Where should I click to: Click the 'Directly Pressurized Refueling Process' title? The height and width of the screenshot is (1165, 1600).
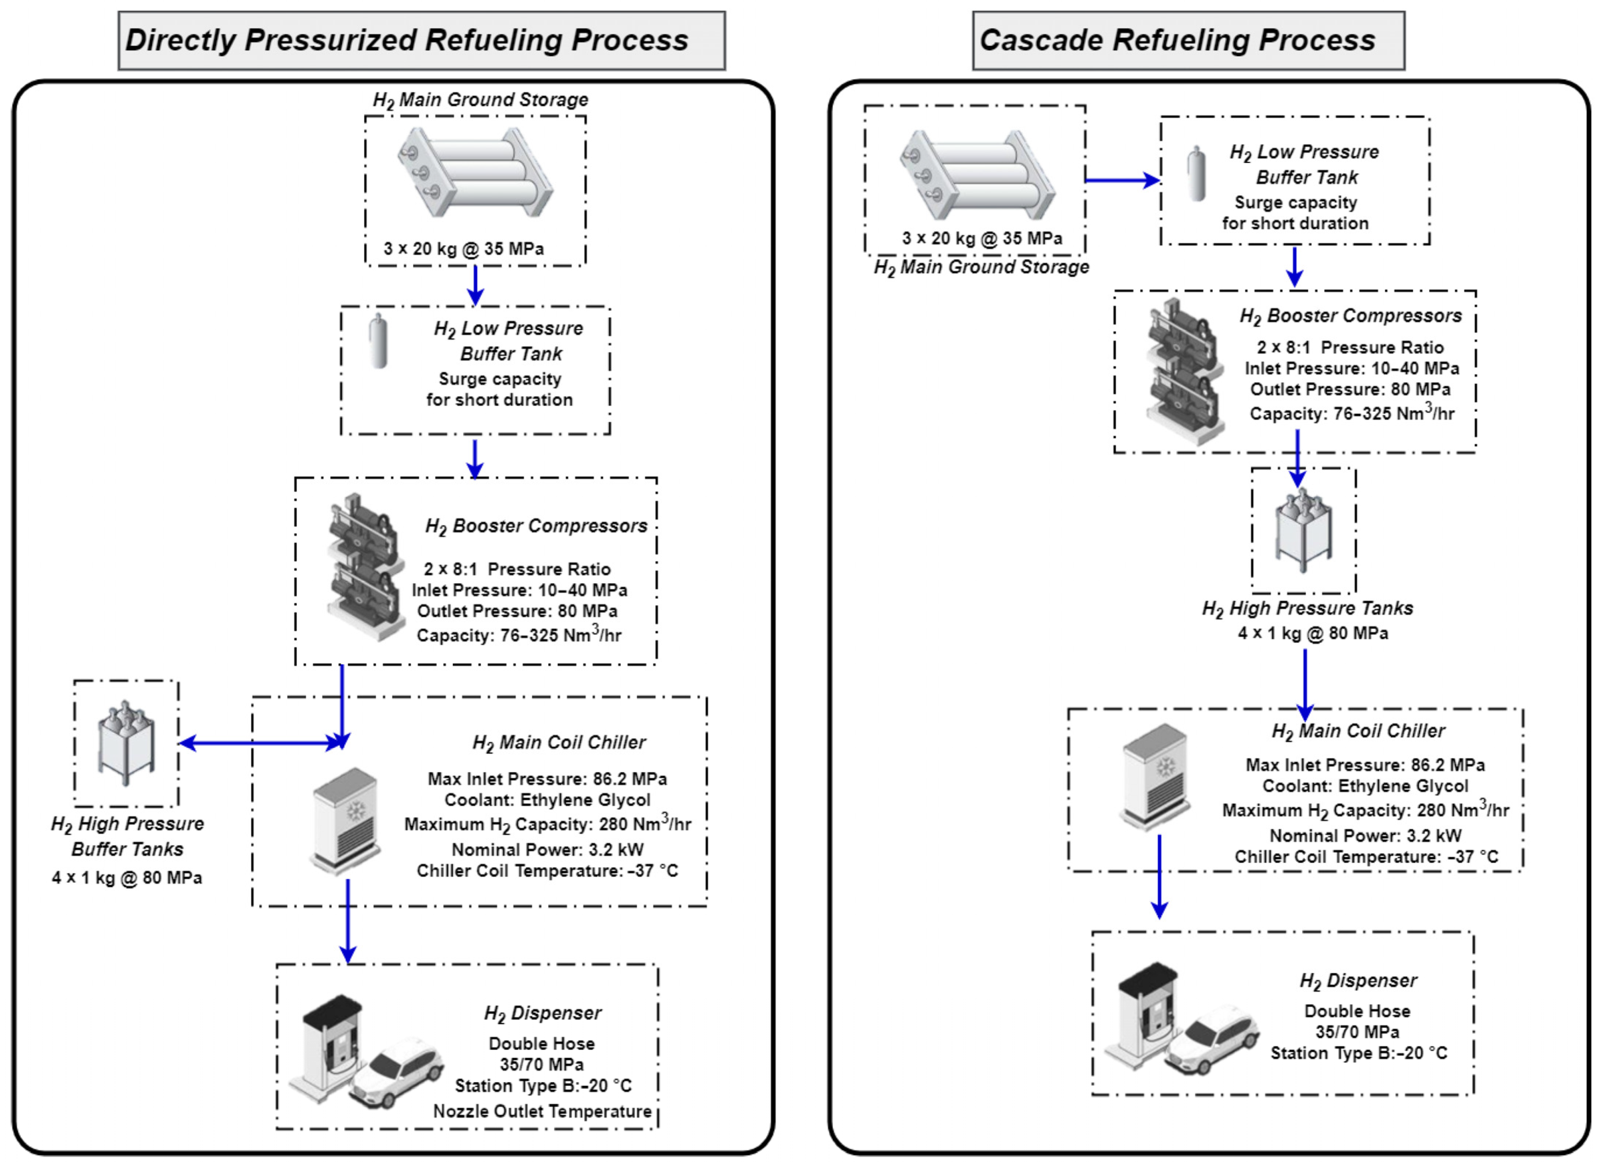pos(406,40)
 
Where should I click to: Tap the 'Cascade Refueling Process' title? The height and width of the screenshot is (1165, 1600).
pos(1177,40)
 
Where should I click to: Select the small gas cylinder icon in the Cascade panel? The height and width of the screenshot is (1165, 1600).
pos(1196,173)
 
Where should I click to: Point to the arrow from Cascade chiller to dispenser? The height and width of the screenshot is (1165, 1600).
pos(1159,876)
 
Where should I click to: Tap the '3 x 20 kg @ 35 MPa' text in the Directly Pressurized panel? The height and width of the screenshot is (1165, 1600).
pos(463,249)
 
